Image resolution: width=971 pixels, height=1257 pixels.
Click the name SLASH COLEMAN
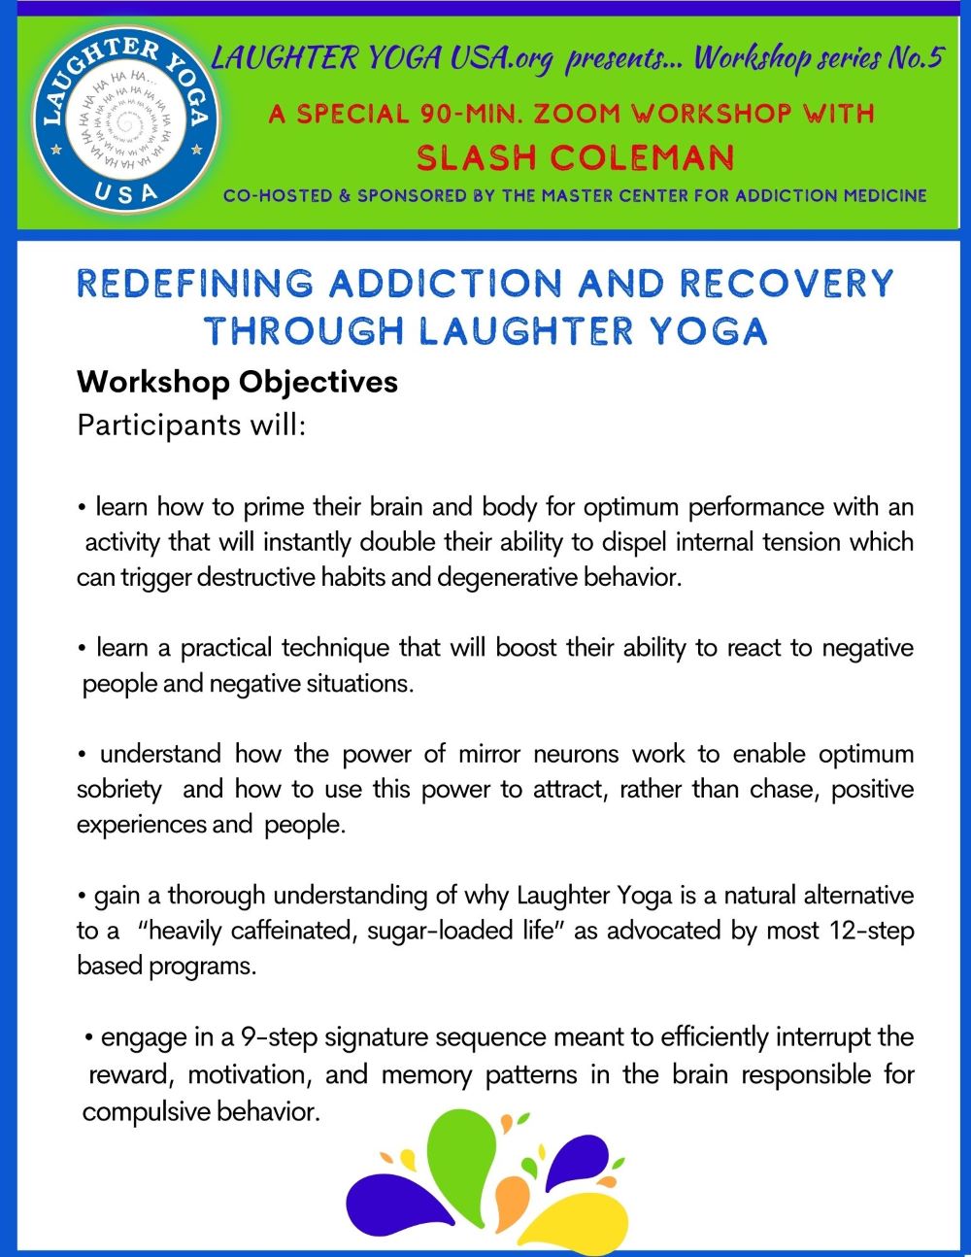coord(575,156)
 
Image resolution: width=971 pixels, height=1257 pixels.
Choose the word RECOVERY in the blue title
coord(786,284)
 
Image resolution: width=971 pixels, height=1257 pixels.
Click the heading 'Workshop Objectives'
coord(237,381)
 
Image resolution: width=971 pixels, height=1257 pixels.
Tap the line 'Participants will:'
coord(191,425)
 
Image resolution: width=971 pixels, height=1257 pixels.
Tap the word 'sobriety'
coord(118,789)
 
